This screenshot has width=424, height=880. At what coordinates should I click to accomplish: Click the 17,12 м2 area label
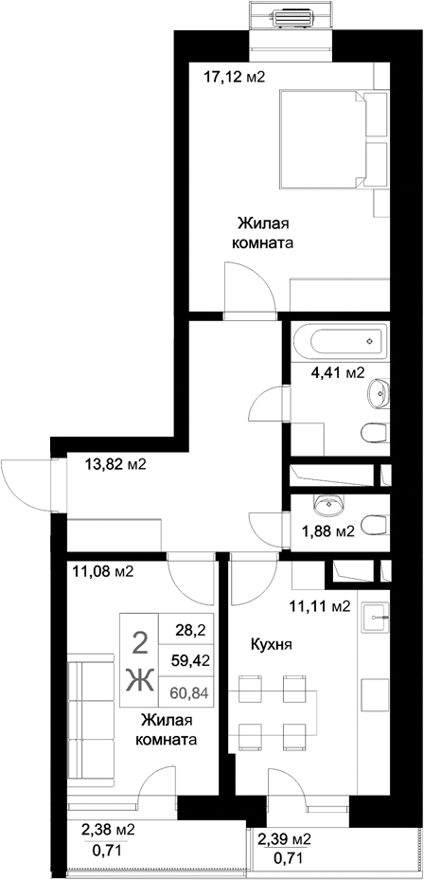pos(236,77)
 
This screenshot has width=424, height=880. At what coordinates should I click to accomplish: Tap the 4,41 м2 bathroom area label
pos(338,372)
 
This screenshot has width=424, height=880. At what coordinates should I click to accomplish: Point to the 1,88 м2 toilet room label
pos(328,530)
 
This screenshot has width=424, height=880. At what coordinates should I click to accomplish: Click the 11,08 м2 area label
pos(101,570)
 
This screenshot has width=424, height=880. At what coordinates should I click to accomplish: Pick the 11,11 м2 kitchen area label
pos(319,605)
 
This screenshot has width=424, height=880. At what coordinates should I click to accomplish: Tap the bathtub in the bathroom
pos(336,337)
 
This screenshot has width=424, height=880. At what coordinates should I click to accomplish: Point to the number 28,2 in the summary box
pos(185,627)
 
